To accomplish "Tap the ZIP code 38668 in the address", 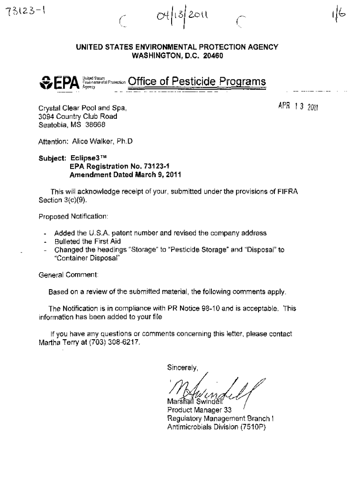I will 96,125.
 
